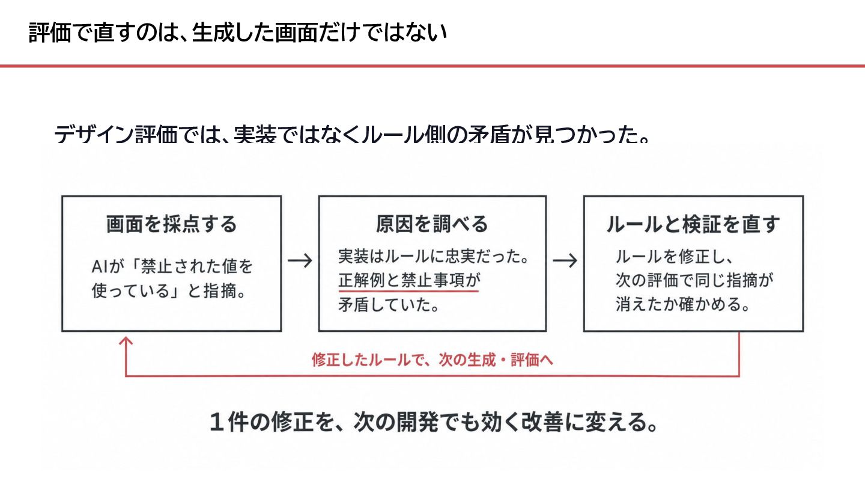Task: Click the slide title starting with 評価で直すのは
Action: [x=238, y=32]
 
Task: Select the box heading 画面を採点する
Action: [x=171, y=224]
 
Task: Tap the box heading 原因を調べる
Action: [x=432, y=224]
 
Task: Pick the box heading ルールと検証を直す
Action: [x=693, y=224]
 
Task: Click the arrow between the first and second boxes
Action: [x=300, y=260]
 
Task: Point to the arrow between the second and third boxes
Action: [x=565, y=260]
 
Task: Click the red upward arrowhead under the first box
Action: [x=126, y=341]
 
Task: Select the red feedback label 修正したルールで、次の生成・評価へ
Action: [x=432, y=360]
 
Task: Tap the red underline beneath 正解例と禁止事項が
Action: [x=408, y=290]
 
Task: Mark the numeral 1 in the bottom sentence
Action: [x=217, y=422]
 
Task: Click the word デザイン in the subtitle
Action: [x=95, y=134]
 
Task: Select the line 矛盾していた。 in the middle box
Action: [x=389, y=305]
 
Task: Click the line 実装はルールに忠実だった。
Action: [x=434, y=257]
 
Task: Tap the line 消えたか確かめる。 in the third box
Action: [x=683, y=304]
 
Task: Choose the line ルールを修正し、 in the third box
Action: [x=674, y=257]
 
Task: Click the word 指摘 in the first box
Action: [x=219, y=291]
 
